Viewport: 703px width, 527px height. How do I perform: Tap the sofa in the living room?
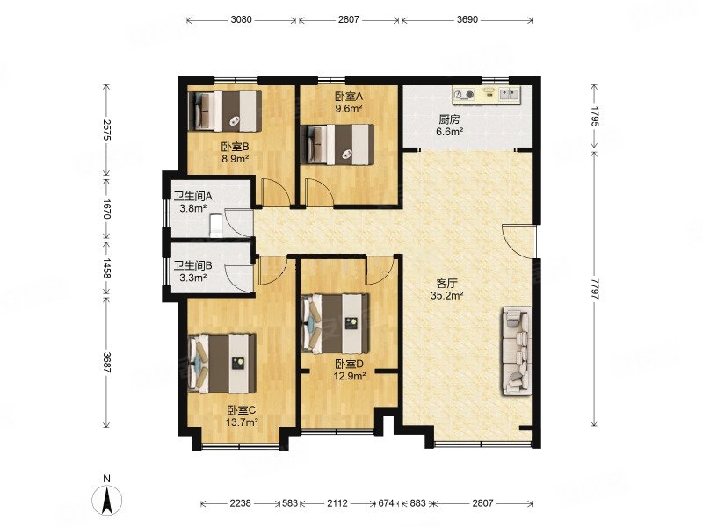coord(517,350)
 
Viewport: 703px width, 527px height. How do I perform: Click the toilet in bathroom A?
coord(216,225)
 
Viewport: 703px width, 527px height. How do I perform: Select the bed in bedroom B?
coord(225,112)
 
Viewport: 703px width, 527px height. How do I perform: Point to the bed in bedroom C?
coord(222,363)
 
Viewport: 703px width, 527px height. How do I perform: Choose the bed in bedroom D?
coord(336,323)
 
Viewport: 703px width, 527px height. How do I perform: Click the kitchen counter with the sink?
coord(486,95)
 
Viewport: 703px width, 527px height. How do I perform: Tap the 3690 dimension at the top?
coord(467,19)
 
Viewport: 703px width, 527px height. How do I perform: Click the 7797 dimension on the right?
coord(595,289)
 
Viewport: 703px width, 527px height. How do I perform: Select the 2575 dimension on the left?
coord(106,130)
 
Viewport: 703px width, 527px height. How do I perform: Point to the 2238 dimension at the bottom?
coord(241,503)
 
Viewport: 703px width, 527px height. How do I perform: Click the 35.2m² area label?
coord(446,295)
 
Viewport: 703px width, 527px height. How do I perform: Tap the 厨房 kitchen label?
coord(449,120)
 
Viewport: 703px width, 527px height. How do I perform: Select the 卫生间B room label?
coord(193,266)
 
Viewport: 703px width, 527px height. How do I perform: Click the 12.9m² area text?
coord(350,376)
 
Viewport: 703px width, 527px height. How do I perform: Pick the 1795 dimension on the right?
coord(595,117)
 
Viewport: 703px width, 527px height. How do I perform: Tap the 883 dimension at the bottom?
coord(418,503)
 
